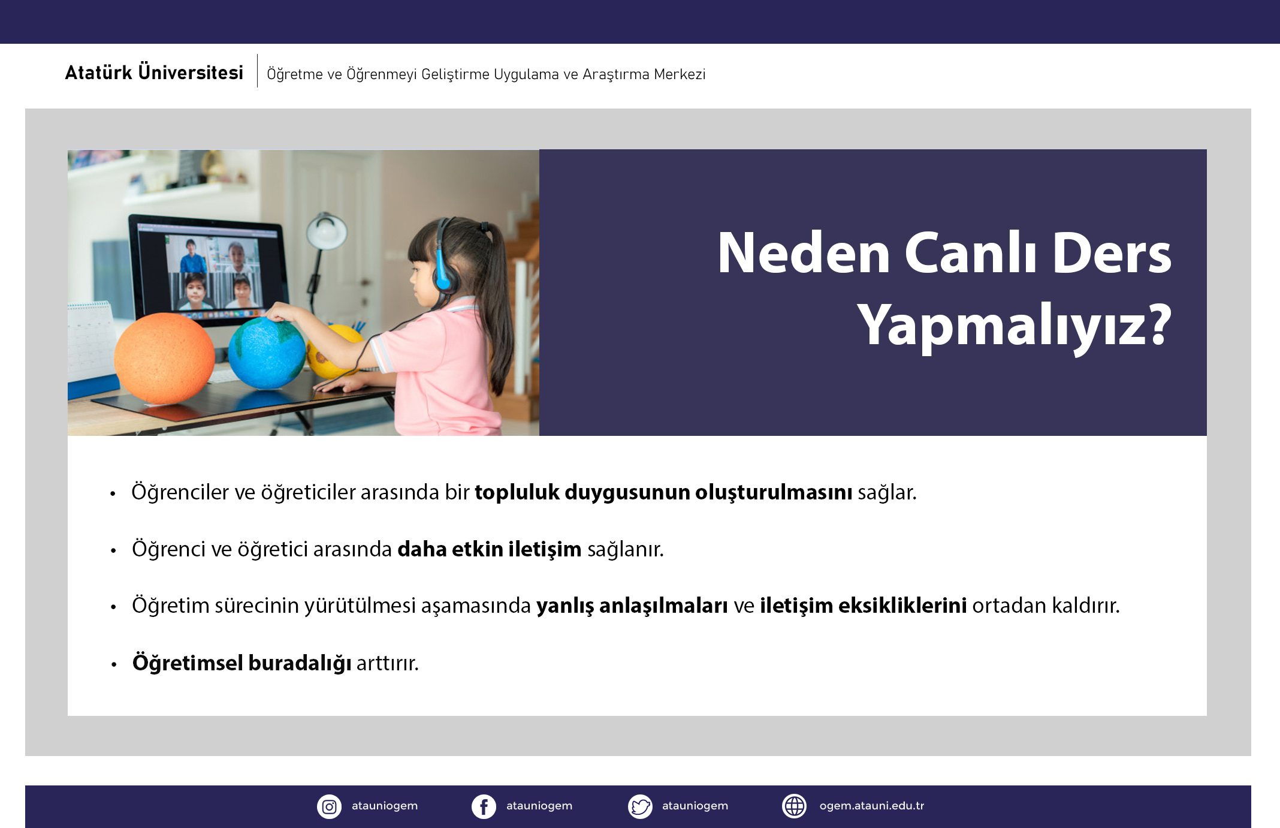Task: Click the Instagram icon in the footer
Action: pyautogui.click(x=329, y=806)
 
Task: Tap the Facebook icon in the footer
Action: pyautogui.click(x=484, y=806)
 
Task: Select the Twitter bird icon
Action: pyautogui.click(x=640, y=806)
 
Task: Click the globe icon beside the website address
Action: pyautogui.click(x=795, y=806)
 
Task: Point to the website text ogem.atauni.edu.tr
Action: pyautogui.click(x=872, y=806)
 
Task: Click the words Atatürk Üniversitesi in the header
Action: pyautogui.click(x=154, y=72)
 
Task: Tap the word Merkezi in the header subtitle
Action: pyautogui.click(x=680, y=74)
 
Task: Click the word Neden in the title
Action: pyautogui.click(x=804, y=253)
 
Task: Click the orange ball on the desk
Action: pyautogui.click(x=164, y=358)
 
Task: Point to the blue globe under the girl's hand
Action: pyautogui.click(x=267, y=353)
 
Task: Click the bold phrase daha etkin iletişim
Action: pyautogui.click(x=489, y=549)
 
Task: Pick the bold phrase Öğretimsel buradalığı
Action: pyautogui.click(x=241, y=663)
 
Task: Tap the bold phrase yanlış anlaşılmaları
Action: pyautogui.click(x=632, y=606)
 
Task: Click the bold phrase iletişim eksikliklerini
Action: pyautogui.click(x=863, y=606)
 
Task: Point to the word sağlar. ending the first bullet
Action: pyautogui.click(x=887, y=492)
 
